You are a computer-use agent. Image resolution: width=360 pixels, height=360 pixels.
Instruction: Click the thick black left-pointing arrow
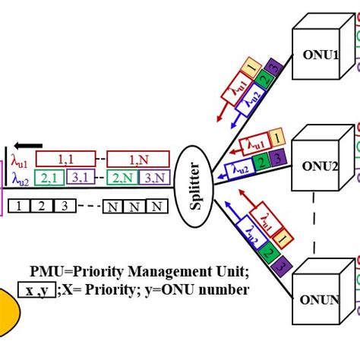pyautogui.click(x=30, y=145)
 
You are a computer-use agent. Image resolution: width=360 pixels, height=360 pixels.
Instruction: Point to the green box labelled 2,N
pyautogui.click(x=120, y=178)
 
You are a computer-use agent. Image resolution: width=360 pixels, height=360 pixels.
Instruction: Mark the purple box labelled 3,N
pyautogui.click(x=152, y=178)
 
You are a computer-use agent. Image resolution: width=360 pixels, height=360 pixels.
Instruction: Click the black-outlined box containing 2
pyautogui.click(x=42, y=206)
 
